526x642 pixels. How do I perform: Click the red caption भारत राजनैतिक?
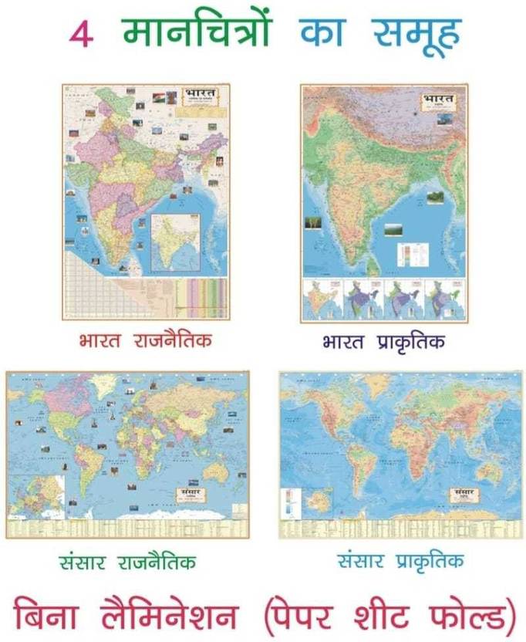(x=145, y=340)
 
